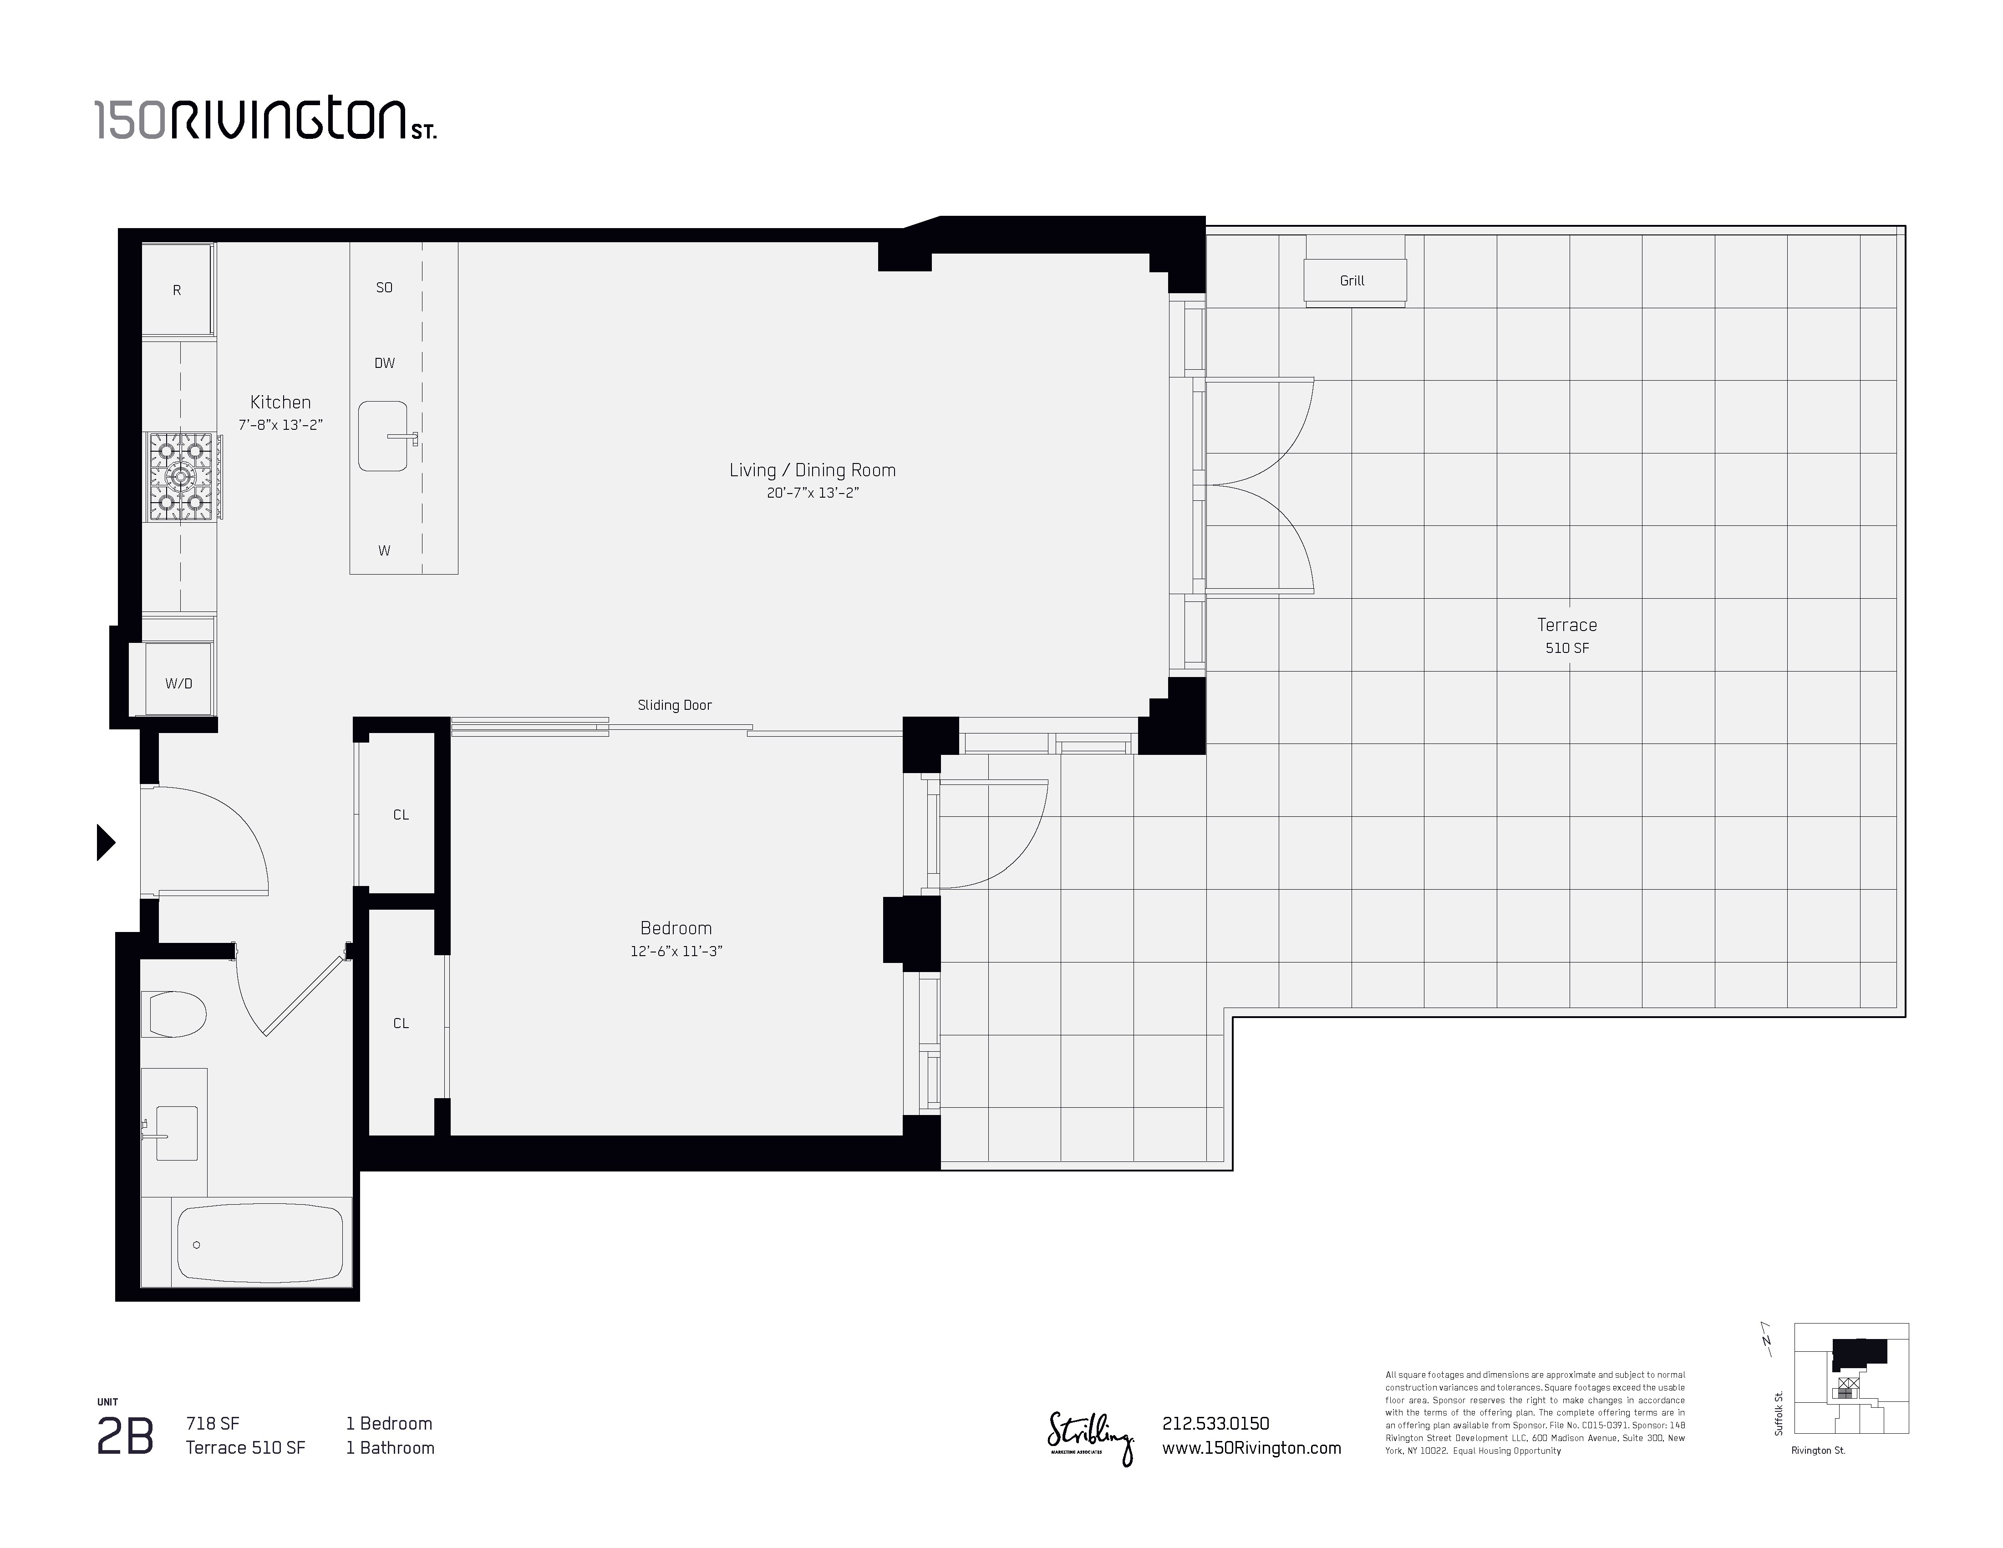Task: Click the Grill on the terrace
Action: (x=1354, y=280)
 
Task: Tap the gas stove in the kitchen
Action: (x=182, y=477)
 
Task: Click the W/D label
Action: (x=179, y=683)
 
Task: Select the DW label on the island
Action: (x=384, y=363)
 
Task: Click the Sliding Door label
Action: (x=675, y=705)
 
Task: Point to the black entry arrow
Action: (x=106, y=842)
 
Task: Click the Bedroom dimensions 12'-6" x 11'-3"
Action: (x=676, y=951)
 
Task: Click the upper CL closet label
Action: (x=401, y=815)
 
